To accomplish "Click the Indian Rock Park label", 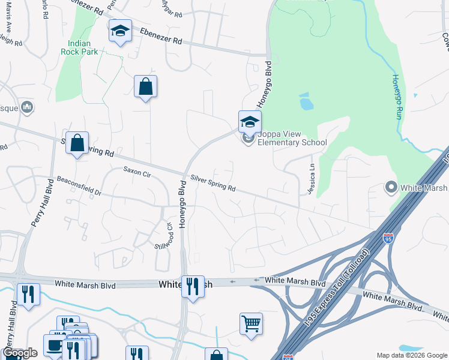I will [79, 47].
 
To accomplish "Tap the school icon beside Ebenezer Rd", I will [120, 31].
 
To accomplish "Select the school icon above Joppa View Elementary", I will [250, 122].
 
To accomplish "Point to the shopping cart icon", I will [251, 323].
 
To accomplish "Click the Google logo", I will [20, 353].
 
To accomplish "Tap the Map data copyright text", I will [412, 355].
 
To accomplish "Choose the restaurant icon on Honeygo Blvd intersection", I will [192, 287].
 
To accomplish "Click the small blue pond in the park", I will [306, 103].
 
